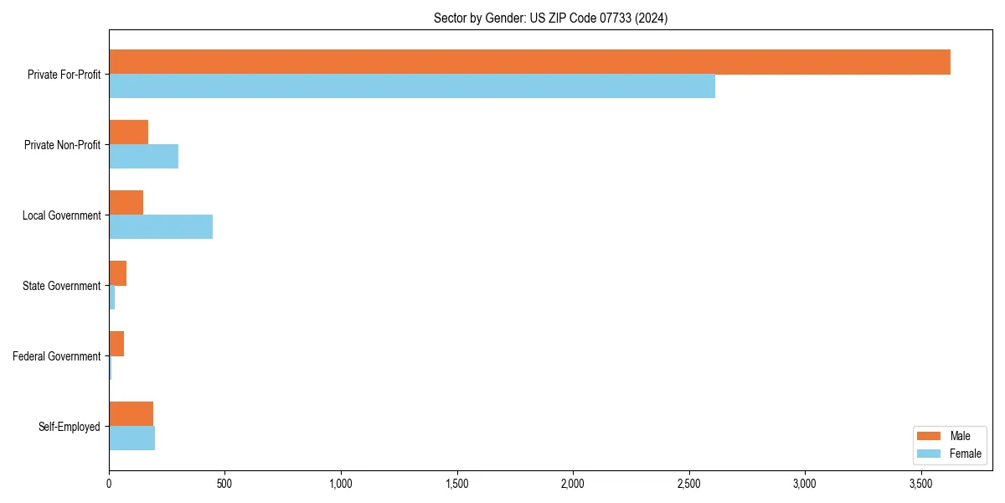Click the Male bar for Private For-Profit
(529, 62)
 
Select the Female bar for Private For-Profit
(412, 86)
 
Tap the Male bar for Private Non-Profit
(128, 132)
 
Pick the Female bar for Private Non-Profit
(143, 157)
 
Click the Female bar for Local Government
(161, 227)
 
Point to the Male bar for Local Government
(126, 203)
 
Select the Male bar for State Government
(117, 273)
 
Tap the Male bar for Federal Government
(116, 344)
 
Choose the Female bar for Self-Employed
(131, 438)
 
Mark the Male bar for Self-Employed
(131, 414)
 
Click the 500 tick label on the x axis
(224, 484)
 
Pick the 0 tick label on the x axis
(109, 484)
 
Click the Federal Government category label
(57, 356)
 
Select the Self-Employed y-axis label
(70, 427)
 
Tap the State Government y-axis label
(61, 286)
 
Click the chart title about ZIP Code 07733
(550, 18)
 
